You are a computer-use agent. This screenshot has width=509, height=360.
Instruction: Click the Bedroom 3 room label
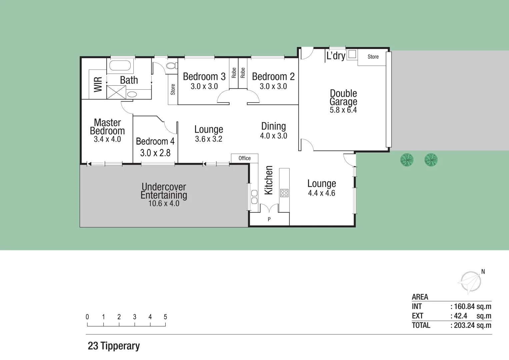tap(204, 77)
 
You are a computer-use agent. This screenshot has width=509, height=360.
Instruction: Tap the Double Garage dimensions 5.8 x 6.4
tap(343, 110)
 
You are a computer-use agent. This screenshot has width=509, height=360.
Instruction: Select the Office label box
tap(244, 158)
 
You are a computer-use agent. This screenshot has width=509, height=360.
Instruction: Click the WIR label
tap(98, 84)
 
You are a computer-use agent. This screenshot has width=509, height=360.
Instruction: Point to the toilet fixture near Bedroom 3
tap(172, 66)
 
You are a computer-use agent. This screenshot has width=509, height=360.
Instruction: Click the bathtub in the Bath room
tap(120, 65)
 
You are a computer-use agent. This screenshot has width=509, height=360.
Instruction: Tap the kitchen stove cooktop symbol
tap(284, 193)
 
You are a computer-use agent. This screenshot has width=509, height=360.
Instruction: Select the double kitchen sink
tap(254, 197)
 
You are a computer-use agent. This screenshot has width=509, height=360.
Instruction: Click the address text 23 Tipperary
tap(114, 346)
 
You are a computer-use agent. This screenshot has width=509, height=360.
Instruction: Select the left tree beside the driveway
tap(407, 160)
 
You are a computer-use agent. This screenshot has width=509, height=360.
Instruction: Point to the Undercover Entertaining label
tap(164, 191)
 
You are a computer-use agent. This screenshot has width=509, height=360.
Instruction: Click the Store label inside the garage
tap(373, 57)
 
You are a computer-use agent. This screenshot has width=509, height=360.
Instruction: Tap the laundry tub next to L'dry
tap(352, 54)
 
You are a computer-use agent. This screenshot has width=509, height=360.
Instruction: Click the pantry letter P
tap(269, 219)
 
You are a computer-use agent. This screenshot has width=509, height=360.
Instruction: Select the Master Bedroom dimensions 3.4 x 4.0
tap(107, 139)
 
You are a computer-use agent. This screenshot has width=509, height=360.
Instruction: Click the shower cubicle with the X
tap(116, 92)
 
